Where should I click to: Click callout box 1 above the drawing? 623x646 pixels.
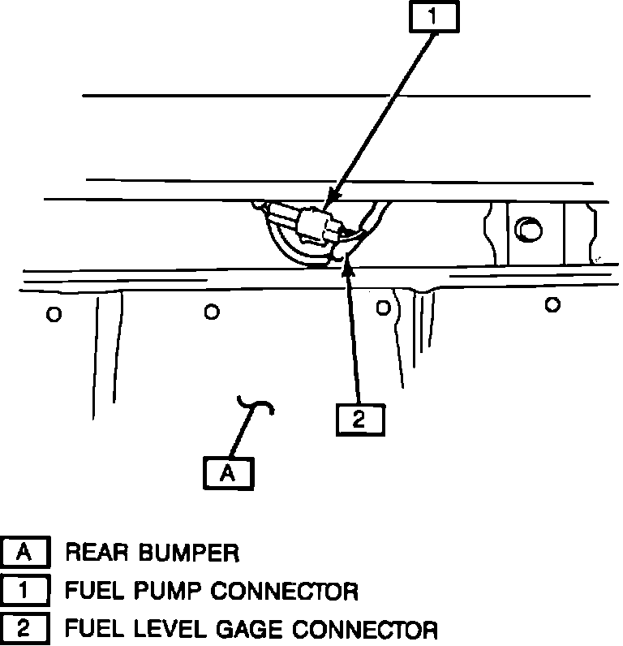click(x=432, y=17)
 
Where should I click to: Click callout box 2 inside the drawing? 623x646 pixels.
click(x=359, y=419)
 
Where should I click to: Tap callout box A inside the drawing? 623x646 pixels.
click(x=229, y=472)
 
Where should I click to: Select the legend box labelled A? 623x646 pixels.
click(x=25, y=553)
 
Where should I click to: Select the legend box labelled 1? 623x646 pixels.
click(x=25, y=590)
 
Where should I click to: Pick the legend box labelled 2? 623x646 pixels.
click(x=25, y=627)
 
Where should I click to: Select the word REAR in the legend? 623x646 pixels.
click(x=96, y=553)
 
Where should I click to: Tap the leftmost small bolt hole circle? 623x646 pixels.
click(x=54, y=314)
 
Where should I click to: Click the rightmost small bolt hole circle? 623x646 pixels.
click(x=552, y=304)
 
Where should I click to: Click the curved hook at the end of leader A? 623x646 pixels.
click(x=258, y=403)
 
